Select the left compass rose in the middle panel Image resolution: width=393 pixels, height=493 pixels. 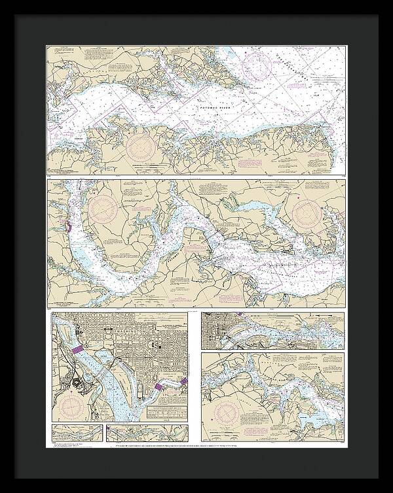(x=103, y=209)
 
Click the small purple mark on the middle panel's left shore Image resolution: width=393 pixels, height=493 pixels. (x=67, y=227)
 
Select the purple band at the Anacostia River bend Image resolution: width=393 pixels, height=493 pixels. (x=159, y=388)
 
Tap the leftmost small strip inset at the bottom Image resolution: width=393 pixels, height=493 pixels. (x=77, y=433)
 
